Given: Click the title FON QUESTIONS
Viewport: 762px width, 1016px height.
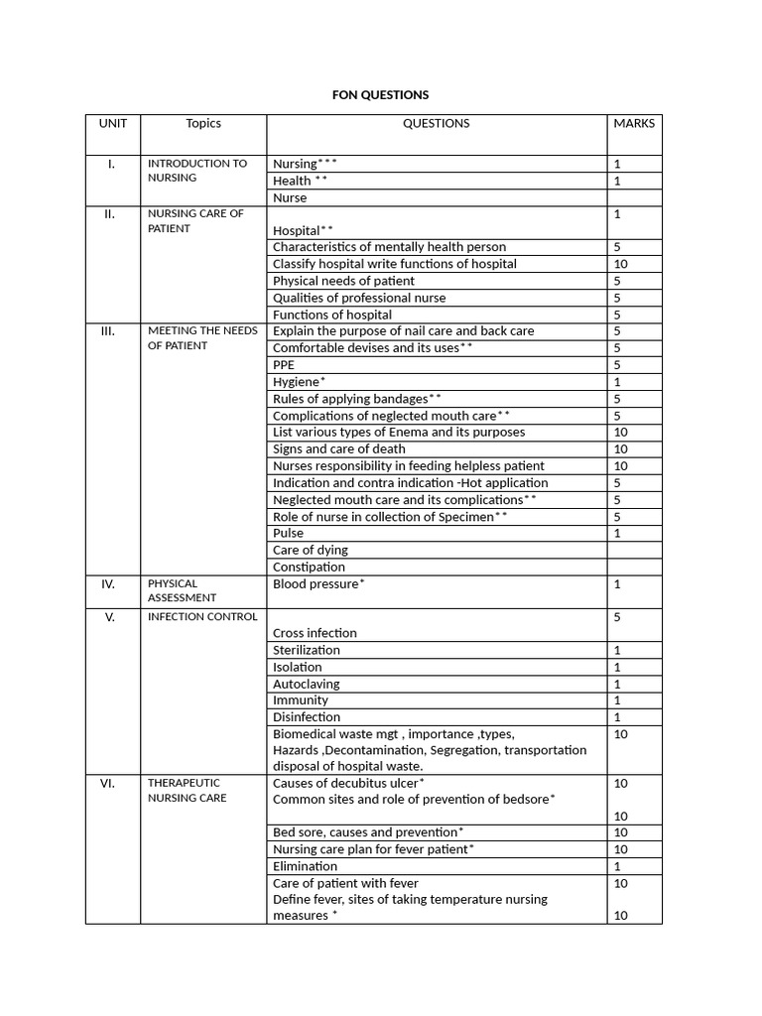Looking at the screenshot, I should pyautogui.click(x=380, y=95).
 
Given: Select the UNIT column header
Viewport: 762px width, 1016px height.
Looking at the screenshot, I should pyautogui.click(x=112, y=124).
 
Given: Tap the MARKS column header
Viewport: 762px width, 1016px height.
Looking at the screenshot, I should pyautogui.click(x=634, y=124).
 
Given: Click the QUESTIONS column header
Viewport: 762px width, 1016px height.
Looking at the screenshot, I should pyautogui.click(x=436, y=124).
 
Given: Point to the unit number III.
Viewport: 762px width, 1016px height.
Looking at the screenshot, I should pyautogui.click(x=108, y=331).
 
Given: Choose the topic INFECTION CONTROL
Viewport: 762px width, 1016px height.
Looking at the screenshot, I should pyautogui.click(x=202, y=617).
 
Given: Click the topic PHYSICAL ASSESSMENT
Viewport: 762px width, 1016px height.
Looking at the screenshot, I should pyautogui.click(x=182, y=591).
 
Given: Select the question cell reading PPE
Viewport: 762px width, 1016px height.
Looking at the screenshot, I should pyautogui.click(x=284, y=365).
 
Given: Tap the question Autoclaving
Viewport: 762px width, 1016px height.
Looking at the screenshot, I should pyautogui.click(x=306, y=684).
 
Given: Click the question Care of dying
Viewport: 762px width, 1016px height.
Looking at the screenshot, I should pyautogui.click(x=310, y=550).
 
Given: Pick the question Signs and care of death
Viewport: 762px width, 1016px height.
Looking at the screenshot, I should pyautogui.click(x=338, y=449).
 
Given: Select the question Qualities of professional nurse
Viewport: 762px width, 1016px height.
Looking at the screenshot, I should pyautogui.click(x=359, y=298).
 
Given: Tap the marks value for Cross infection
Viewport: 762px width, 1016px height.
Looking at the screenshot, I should pyautogui.click(x=617, y=617).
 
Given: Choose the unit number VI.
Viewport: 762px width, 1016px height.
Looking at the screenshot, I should pyautogui.click(x=108, y=784).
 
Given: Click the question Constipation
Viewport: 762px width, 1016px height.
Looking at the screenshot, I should pyautogui.click(x=309, y=567).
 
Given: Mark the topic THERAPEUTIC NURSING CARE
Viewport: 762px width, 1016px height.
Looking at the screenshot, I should pyautogui.click(x=187, y=791).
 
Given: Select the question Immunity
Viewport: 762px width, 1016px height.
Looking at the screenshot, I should pyautogui.click(x=300, y=700).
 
